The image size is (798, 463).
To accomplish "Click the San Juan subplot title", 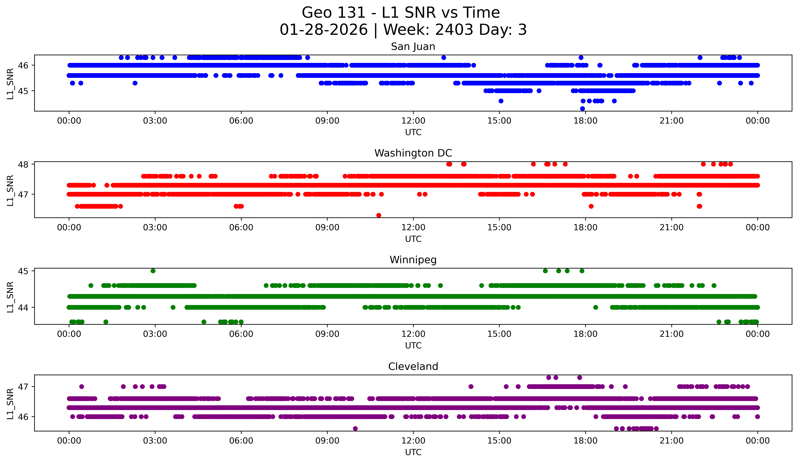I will pyautogui.click(x=413, y=47).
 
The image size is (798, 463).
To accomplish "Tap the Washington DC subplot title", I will pyautogui.click(x=413, y=153).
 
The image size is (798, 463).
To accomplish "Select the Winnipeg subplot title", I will pyautogui.click(x=413, y=260).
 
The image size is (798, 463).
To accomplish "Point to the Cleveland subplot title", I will pyautogui.click(x=413, y=367).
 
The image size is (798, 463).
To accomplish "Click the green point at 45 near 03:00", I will pyautogui.click(x=153, y=271).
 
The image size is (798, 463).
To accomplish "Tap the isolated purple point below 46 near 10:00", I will pyautogui.click(x=355, y=429).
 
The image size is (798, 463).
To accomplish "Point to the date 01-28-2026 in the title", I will pyautogui.click(x=324, y=30).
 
